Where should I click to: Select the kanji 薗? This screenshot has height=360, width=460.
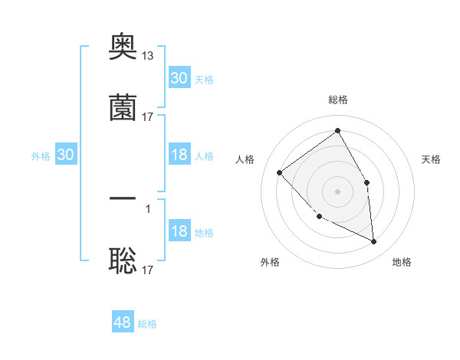123,109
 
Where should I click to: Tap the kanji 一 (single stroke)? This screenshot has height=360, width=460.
123,199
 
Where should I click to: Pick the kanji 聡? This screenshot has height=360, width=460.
123,262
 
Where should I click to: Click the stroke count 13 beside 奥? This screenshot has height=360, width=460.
148,56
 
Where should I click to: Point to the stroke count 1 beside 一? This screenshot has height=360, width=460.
148,208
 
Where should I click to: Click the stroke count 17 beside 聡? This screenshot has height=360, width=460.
148,270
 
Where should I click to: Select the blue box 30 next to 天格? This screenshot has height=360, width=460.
179,78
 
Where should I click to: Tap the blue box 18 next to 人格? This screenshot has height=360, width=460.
179,155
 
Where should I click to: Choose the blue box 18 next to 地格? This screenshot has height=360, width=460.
179,231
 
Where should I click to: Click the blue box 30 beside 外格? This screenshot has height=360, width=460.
65,155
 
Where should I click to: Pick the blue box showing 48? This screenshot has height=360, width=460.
123,322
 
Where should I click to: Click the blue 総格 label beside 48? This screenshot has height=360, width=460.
147,324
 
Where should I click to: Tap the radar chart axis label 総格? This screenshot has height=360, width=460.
338,100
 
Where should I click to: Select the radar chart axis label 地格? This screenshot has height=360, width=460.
402,263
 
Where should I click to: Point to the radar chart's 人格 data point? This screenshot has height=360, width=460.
280,172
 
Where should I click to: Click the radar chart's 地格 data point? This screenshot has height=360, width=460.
373,241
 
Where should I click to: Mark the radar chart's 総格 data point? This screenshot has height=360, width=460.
337,131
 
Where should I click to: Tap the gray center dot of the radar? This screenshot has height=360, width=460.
337,191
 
